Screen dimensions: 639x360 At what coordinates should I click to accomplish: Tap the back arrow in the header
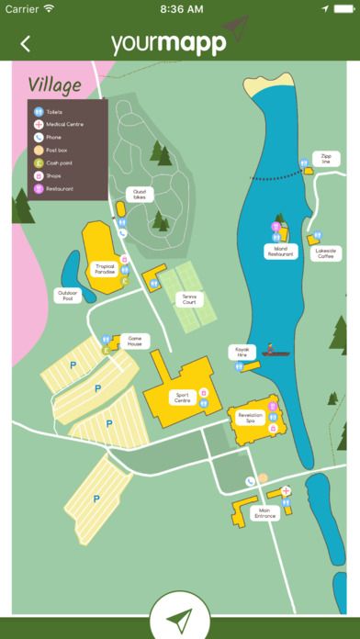25,43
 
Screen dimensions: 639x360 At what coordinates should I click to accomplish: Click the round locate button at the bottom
180,616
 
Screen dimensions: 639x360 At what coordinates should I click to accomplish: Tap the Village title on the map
54,85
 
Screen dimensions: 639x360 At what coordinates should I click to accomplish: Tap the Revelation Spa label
251,416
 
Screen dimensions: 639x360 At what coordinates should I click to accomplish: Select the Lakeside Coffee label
325,253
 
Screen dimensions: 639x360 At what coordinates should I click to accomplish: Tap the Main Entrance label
264,513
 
